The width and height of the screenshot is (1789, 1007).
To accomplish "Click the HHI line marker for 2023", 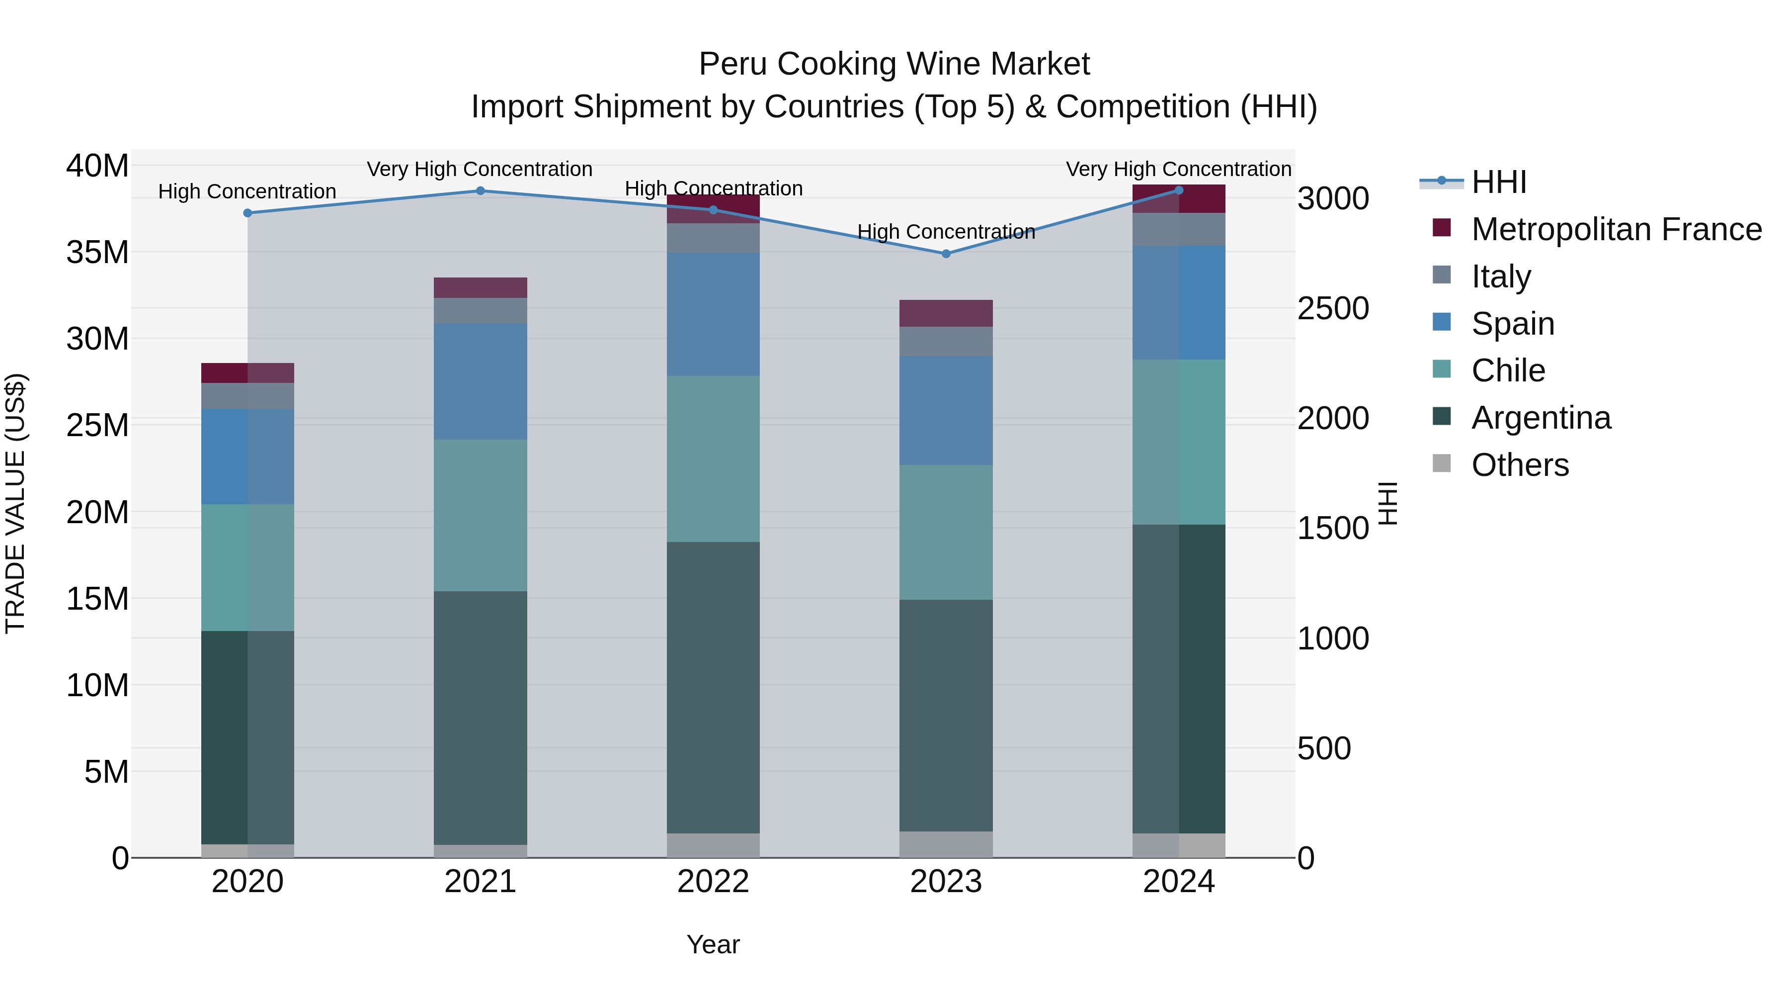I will (946, 254).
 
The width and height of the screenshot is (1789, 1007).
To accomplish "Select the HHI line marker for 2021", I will (481, 190).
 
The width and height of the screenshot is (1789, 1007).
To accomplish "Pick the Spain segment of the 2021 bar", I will (481, 381).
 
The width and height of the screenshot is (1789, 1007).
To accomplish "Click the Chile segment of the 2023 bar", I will (946, 532).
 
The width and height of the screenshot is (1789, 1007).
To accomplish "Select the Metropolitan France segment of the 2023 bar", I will (946, 313).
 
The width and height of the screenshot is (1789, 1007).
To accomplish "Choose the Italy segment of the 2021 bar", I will (481, 311).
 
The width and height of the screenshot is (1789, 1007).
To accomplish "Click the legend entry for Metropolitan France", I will (1616, 229).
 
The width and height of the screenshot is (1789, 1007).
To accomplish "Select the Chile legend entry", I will (1508, 370).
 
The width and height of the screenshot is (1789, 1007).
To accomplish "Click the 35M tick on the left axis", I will (97, 252).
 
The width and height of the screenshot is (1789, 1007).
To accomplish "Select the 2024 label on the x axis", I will (1179, 882).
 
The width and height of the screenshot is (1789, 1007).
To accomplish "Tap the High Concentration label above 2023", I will (946, 231).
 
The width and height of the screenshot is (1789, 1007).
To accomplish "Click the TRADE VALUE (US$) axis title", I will (15, 503).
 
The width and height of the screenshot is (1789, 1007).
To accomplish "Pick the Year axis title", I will (713, 944).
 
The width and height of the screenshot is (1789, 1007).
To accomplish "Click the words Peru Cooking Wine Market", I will (894, 64).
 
